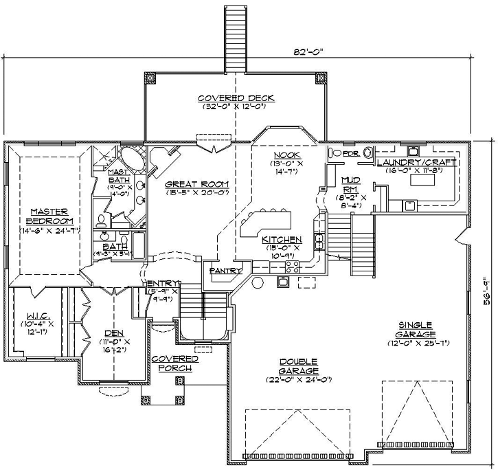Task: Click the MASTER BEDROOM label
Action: (x=46, y=216)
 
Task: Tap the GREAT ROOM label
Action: (x=196, y=184)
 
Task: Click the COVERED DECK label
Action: (x=232, y=98)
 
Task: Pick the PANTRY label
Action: (x=226, y=271)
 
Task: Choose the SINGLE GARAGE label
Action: (x=414, y=328)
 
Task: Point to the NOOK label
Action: (x=283, y=156)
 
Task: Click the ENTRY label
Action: (x=163, y=283)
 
